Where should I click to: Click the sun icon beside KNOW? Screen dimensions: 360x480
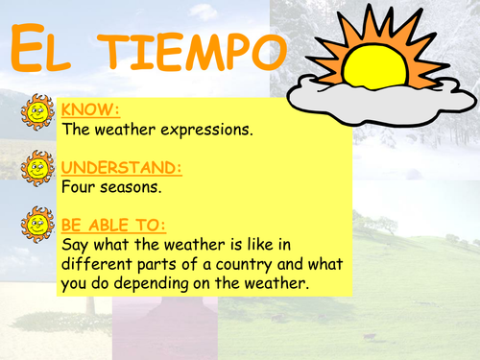click(36, 112)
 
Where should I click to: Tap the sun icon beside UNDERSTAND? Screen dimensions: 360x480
click(36, 171)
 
